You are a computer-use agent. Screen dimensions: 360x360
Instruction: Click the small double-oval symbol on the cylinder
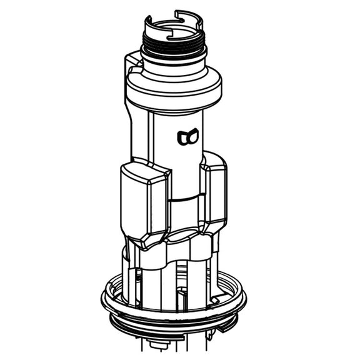[187, 136]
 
